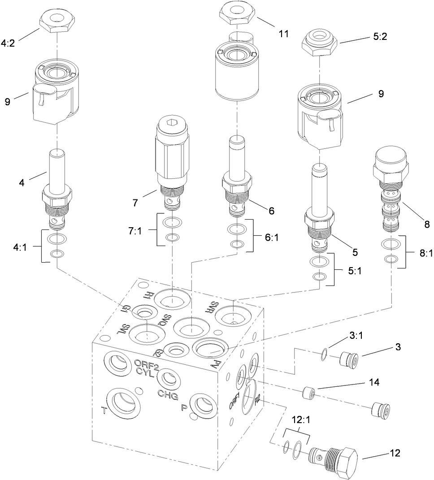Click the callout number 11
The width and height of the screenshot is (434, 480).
click(283, 33)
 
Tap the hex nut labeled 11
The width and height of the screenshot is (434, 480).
click(238, 13)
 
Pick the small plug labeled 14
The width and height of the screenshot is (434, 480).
click(309, 393)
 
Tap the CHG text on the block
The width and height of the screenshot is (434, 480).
click(168, 394)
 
